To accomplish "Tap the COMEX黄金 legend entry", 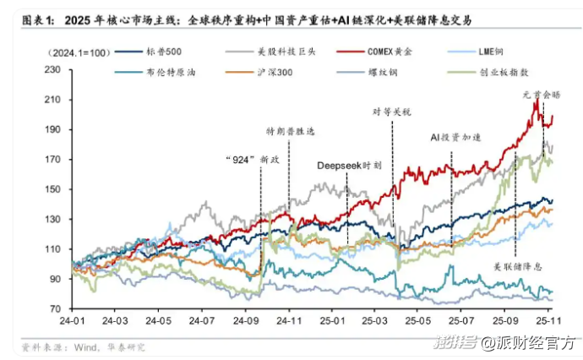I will pos(388,52).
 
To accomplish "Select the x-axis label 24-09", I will pos(247,321).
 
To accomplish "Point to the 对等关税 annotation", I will pos(395,111).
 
